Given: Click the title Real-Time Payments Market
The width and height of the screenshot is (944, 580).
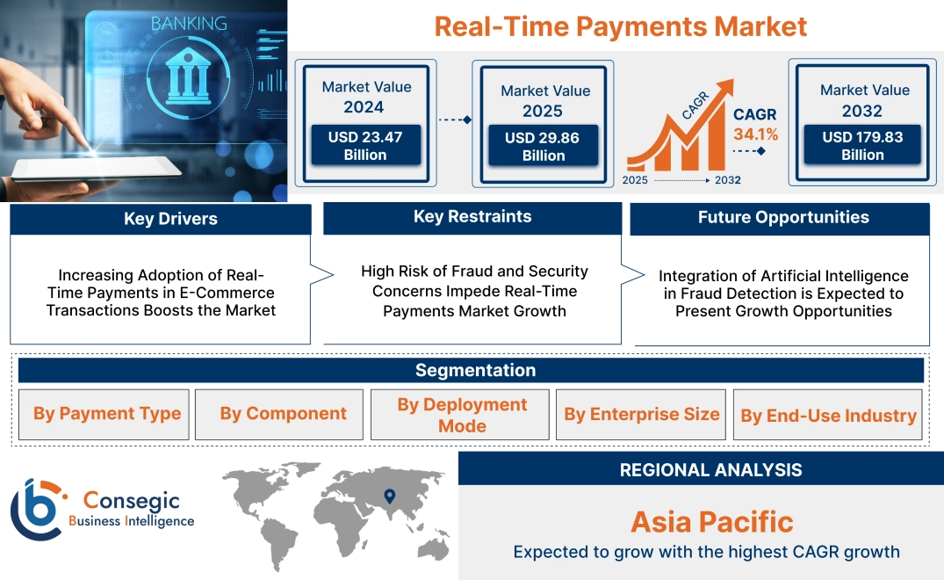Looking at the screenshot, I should (x=620, y=25).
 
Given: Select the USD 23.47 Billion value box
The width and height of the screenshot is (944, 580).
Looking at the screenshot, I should (x=365, y=146).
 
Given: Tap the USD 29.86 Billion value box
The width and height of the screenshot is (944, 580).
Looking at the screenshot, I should (x=544, y=147).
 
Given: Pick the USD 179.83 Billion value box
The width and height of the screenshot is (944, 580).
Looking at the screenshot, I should (x=862, y=146).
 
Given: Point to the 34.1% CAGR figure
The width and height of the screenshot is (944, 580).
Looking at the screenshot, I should (x=755, y=134).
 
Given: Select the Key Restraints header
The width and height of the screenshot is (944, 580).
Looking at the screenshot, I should (x=472, y=217).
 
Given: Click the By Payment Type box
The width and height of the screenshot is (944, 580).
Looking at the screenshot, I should (x=107, y=414).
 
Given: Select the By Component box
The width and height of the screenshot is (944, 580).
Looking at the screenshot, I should (x=283, y=414).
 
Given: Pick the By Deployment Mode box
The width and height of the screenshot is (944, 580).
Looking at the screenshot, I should (x=462, y=415).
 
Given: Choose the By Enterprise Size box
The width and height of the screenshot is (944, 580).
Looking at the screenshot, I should (x=641, y=414).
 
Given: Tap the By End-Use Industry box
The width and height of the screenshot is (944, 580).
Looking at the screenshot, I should (x=828, y=416).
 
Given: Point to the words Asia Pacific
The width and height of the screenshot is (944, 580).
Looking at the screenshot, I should (x=711, y=522).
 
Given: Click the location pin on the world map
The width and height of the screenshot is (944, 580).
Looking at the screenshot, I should (x=390, y=497).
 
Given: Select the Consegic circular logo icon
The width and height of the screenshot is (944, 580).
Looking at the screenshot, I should (x=36, y=510).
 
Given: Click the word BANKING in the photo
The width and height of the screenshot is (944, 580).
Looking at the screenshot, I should (x=188, y=23).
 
